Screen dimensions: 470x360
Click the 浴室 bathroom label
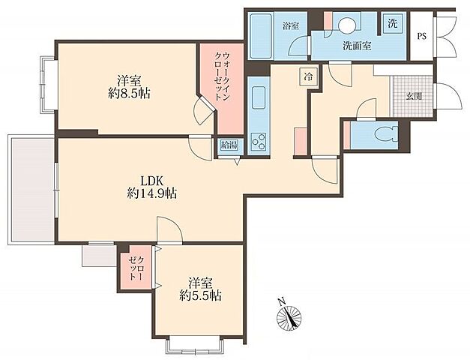[290, 26]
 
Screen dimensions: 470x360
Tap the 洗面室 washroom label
[357, 46]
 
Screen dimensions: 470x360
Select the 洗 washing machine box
[392, 23]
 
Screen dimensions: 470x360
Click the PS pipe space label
[422, 37]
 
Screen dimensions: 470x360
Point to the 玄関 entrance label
[414, 96]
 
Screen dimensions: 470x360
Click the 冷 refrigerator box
[308, 77]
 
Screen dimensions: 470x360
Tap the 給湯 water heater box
[229, 145]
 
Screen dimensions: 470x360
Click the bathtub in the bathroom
[261, 36]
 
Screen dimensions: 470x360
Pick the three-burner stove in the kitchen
[259, 141]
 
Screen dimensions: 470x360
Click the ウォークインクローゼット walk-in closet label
[222, 77]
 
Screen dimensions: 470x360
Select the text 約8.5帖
[129, 94]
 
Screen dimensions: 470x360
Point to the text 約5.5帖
[201, 296]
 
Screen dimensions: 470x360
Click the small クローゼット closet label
[136, 268]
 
